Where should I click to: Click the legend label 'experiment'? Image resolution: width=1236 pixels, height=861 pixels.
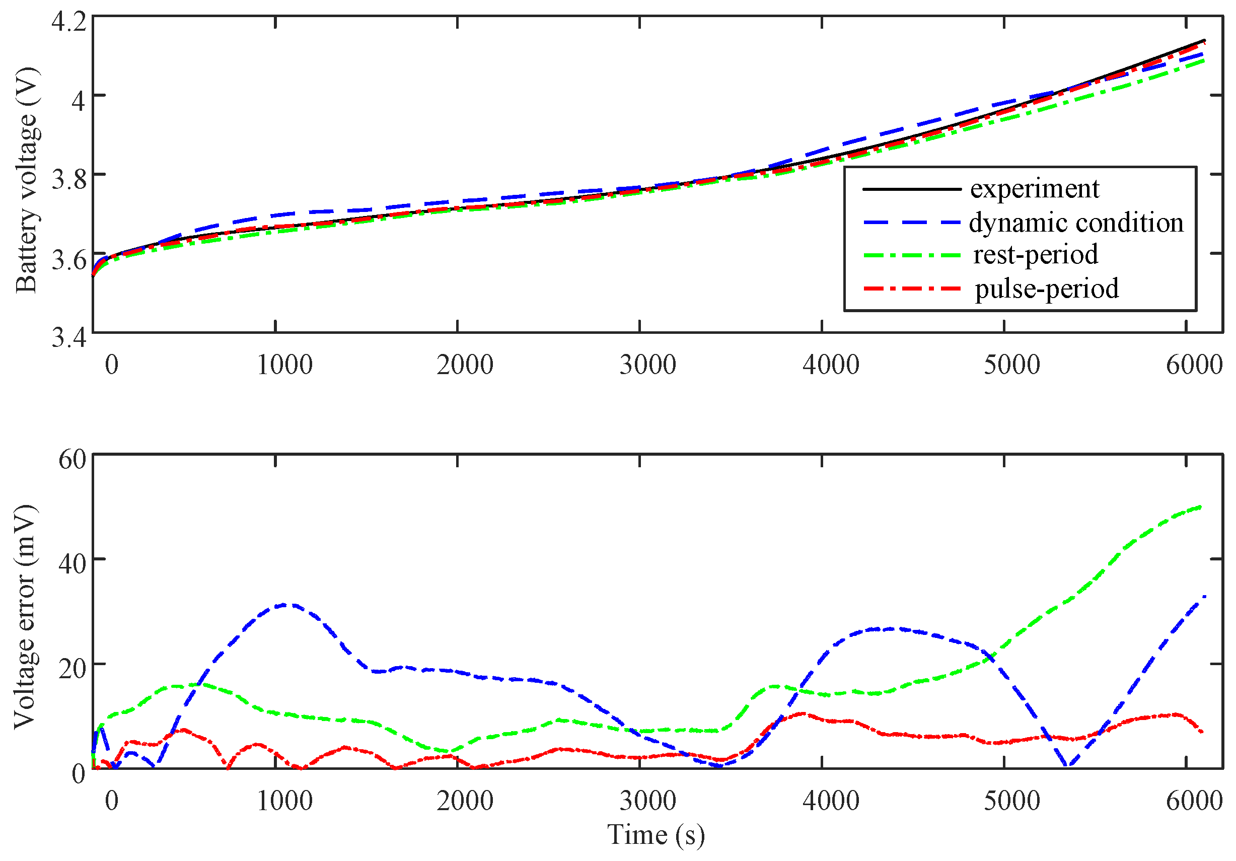tap(1034, 189)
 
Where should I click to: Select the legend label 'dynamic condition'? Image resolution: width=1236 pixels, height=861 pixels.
tap(1076, 223)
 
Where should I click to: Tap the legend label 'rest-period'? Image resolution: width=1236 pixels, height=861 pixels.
tap(1035, 255)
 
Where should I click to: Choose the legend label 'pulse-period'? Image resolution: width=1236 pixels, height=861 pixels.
tap(1047, 289)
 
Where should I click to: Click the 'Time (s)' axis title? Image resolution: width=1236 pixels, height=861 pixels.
tap(656, 835)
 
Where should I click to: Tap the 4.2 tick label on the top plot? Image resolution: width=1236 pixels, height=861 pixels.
tap(68, 22)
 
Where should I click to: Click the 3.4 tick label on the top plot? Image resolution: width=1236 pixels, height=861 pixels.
tap(68, 338)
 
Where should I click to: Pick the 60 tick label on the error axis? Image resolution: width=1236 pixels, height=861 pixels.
tap(72, 459)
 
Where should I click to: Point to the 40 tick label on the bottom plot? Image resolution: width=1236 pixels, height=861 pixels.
tap(72, 564)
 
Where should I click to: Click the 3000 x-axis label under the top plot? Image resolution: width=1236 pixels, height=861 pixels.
tap(647, 365)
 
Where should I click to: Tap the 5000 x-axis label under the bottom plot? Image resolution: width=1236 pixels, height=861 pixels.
tap(1011, 801)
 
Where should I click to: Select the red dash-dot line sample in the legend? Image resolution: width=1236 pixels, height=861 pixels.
tap(911, 289)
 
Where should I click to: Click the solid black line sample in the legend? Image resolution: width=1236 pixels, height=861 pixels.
tap(911, 189)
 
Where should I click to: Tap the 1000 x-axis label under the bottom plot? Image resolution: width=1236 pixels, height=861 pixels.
tap(284, 801)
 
